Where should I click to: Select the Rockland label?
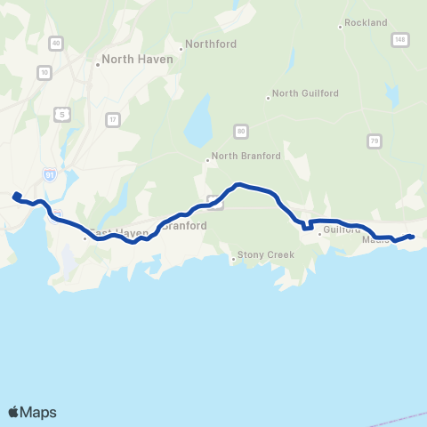366,22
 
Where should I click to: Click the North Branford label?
246,156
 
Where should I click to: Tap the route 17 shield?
112,119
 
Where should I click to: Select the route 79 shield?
375,141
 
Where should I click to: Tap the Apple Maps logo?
32,412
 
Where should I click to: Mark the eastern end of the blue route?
411,236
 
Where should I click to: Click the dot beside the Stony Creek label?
233,260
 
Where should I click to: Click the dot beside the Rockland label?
340,27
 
